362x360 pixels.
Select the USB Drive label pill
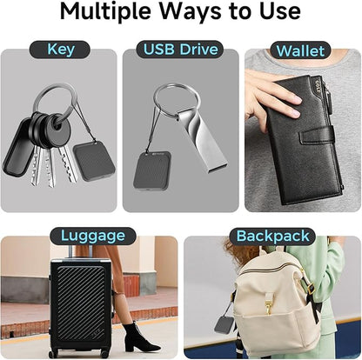(x=180, y=50)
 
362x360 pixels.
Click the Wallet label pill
(x=300, y=50)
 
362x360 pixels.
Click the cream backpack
(x=269, y=300)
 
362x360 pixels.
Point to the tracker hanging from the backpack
(x=225, y=324)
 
